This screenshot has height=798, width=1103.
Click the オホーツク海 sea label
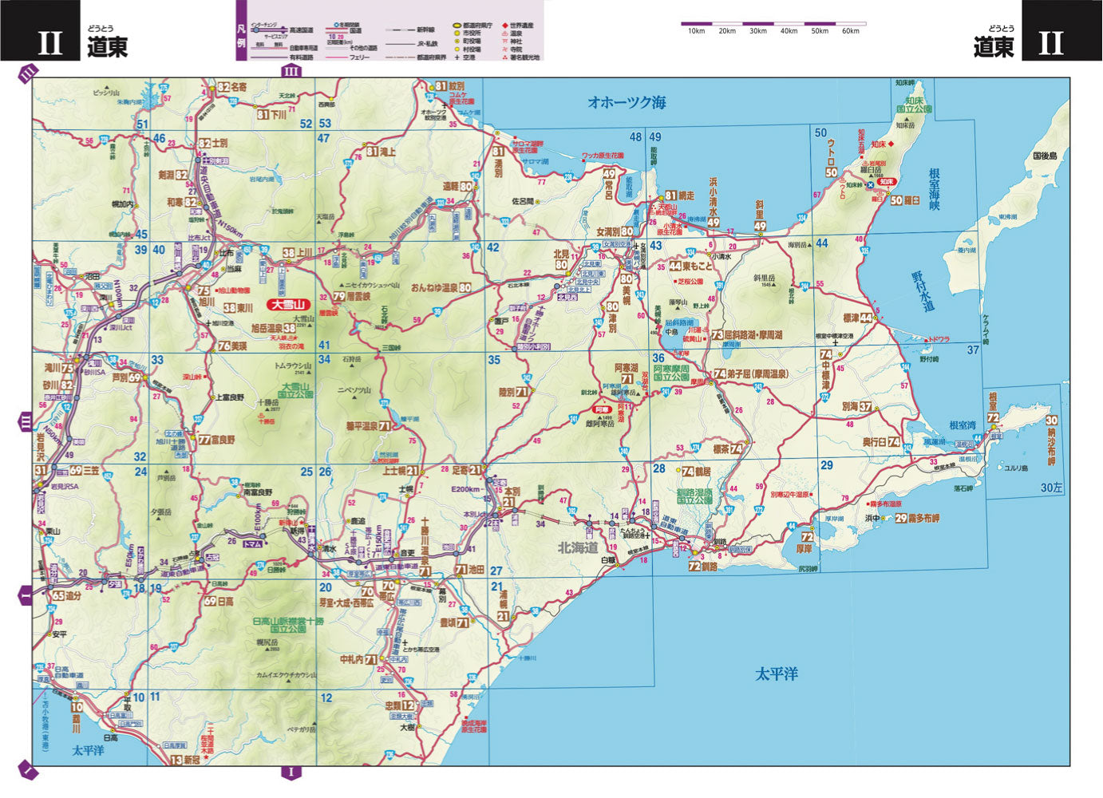point(627,102)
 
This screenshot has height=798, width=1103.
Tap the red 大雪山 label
point(288,304)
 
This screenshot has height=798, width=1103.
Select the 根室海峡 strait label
point(935,189)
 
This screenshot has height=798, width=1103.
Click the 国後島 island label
point(1044,156)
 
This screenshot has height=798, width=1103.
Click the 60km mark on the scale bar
point(851,31)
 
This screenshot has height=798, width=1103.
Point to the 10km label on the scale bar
point(696,31)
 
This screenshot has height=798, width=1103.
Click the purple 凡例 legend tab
point(242,39)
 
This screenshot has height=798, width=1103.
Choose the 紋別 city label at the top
point(456,86)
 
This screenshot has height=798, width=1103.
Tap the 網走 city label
point(686,196)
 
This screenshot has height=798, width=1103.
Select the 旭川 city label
point(207,302)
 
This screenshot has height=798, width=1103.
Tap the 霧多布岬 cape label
point(923,518)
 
